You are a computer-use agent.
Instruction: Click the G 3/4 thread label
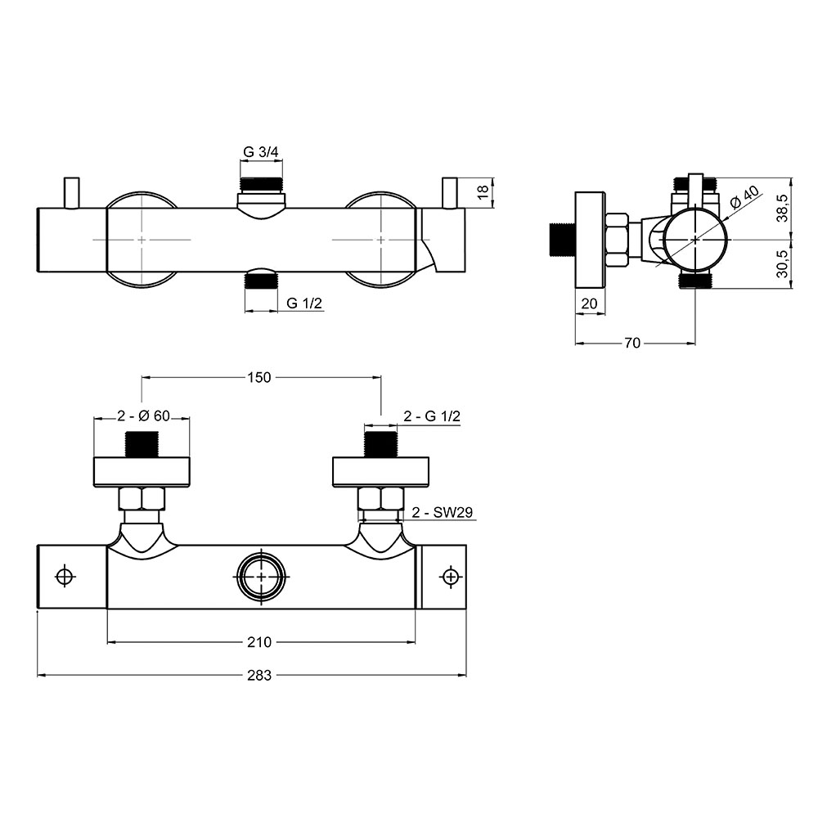(x=261, y=152)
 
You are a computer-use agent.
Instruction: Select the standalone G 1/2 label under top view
(x=304, y=303)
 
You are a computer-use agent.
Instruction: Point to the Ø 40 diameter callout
(x=744, y=196)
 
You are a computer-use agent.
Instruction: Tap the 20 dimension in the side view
(x=589, y=303)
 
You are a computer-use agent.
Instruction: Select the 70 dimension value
(x=631, y=343)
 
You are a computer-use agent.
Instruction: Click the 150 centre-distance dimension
(x=259, y=376)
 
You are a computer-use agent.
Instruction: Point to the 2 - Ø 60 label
(x=143, y=416)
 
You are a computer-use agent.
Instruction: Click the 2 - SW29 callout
(x=443, y=512)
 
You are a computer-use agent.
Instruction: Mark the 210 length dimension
(x=259, y=641)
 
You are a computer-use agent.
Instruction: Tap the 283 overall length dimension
(x=259, y=675)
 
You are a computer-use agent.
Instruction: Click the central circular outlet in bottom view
(x=262, y=577)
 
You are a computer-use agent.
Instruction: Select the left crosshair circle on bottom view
(x=65, y=576)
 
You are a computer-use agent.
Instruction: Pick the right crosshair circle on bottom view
(x=451, y=577)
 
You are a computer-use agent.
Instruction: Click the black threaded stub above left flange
(x=142, y=444)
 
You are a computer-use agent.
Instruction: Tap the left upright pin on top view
(x=71, y=193)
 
